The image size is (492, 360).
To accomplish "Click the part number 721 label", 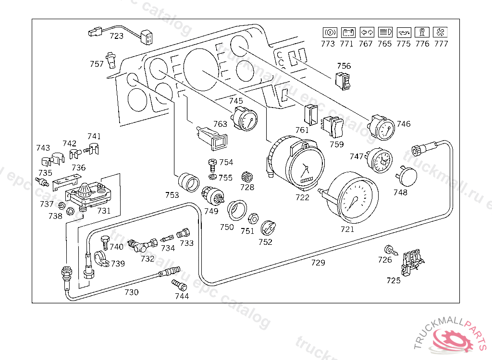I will tap(347, 229).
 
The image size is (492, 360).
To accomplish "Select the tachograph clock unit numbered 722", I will tap(301, 166).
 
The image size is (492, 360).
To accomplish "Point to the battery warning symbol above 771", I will tap(346, 33).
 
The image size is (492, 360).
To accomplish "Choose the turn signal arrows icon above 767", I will tap(366, 33).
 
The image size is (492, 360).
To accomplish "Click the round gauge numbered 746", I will tap(382, 128).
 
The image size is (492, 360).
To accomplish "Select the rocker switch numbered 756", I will tap(343, 82).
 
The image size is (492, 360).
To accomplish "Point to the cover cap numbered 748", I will tap(406, 176).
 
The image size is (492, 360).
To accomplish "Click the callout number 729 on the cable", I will tap(318, 263).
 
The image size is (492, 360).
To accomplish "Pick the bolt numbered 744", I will tap(180, 285).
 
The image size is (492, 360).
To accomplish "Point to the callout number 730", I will tap(132, 292).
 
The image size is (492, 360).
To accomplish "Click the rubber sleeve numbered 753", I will tap(188, 182).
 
